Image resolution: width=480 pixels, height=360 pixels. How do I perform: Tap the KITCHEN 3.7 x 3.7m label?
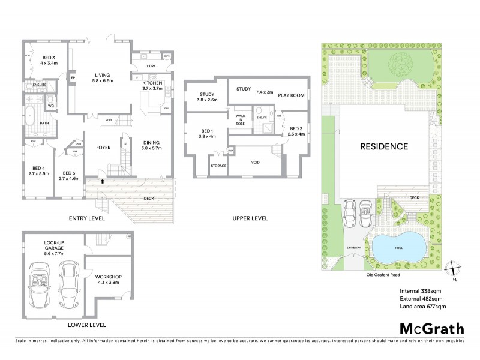152,85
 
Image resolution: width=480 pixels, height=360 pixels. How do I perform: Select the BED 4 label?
38,170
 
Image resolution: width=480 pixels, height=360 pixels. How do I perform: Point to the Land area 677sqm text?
423,307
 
